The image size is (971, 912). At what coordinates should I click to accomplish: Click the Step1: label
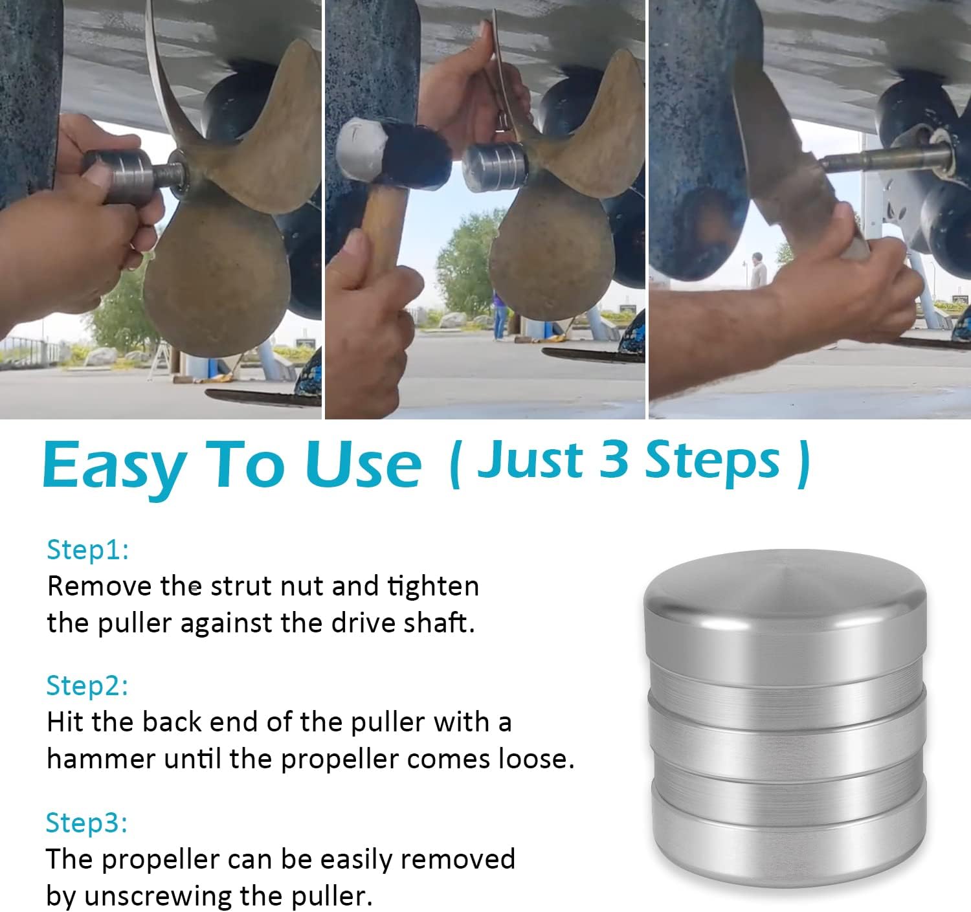tap(88, 550)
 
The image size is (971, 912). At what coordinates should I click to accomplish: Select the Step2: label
tap(87, 685)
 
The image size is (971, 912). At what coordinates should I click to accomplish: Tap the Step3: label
tap(87, 822)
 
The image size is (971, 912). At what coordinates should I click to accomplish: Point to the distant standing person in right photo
tap(757, 269)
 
